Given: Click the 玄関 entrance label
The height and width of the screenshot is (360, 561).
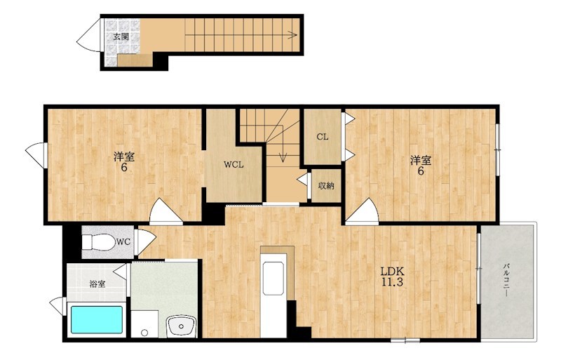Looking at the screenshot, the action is coord(121,36).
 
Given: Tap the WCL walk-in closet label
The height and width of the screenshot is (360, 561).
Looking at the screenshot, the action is coord(234,165).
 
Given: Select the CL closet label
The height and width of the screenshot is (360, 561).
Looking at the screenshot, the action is coord(323,137).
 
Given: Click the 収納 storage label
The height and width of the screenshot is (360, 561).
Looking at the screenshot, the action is coord(326,186).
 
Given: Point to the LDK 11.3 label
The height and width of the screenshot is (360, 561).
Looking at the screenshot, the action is coord(392,276).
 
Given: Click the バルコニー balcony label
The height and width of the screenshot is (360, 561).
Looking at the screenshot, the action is coord(506,280).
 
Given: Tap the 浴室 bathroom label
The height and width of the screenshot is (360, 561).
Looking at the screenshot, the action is coord(97,284).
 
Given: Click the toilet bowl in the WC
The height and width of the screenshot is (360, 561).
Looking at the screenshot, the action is coord(98,243).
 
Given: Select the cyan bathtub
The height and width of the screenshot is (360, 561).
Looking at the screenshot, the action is coord(97,319).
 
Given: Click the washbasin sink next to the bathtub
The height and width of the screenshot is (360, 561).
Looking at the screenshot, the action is coord(181,326).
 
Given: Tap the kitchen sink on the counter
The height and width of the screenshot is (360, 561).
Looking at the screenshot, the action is coord(273,278).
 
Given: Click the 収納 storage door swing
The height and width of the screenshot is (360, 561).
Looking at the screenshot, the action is coord(304,180).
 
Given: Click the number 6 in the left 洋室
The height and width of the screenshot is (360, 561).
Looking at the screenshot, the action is coord(124,167).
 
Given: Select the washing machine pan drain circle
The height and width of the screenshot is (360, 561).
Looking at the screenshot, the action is coord(144,333).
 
